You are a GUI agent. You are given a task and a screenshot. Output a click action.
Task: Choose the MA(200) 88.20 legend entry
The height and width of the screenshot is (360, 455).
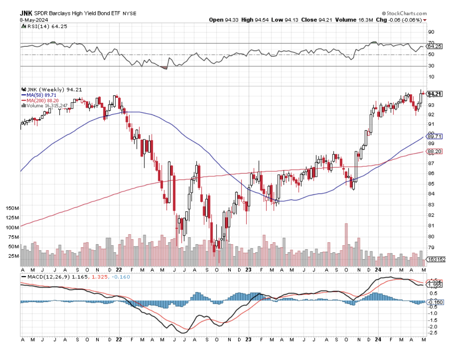(x=41, y=100)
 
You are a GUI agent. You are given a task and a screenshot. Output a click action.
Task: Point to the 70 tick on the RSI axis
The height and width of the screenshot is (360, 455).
(x=431, y=43)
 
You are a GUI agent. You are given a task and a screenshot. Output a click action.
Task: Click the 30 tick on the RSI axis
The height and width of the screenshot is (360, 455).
(x=431, y=66)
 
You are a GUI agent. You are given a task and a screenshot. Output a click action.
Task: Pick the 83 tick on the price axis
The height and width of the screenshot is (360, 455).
(x=431, y=204)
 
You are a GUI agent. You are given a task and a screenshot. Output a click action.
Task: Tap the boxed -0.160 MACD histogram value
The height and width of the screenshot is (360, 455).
(x=435, y=302)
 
